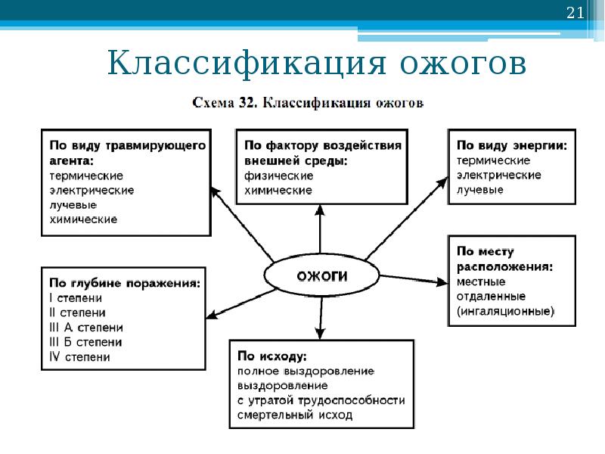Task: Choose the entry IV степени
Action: tap(79, 357)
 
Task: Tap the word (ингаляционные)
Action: tap(504, 311)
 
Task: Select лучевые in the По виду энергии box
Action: tap(479, 190)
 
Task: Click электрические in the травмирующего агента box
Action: tap(92, 190)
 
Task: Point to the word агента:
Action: tap(72, 160)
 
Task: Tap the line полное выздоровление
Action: tap(306, 371)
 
